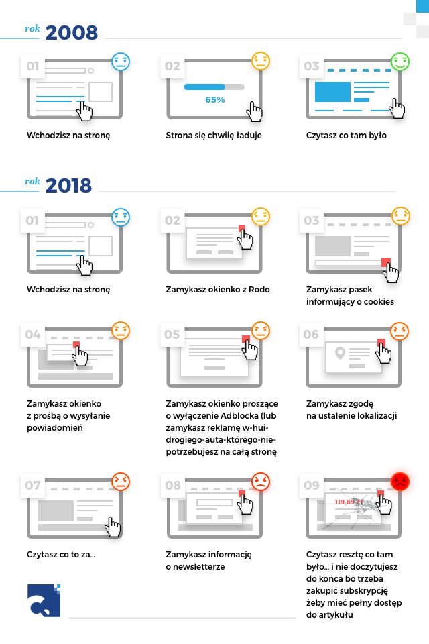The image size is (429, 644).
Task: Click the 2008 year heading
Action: (72, 32)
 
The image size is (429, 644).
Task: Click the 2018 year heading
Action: (68, 185)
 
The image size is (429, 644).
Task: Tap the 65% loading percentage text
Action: (214, 99)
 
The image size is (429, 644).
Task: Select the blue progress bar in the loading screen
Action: (204, 87)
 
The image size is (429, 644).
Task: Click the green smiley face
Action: (400, 62)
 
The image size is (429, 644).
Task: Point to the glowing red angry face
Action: (400, 482)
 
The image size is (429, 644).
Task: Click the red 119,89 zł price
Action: (349, 502)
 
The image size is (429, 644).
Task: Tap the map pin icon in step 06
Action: (340, 353)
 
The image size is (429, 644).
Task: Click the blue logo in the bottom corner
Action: (44, 600)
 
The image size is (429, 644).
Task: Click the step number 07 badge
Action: (33, 485)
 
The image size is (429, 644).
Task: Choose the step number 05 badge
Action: (172, 334)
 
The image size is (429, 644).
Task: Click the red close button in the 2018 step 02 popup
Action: (242, 229)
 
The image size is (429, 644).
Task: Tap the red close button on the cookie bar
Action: (386, 262)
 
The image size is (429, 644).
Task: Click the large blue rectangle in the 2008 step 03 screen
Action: (332, 92)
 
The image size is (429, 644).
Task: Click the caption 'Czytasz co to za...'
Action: (61, 555)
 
